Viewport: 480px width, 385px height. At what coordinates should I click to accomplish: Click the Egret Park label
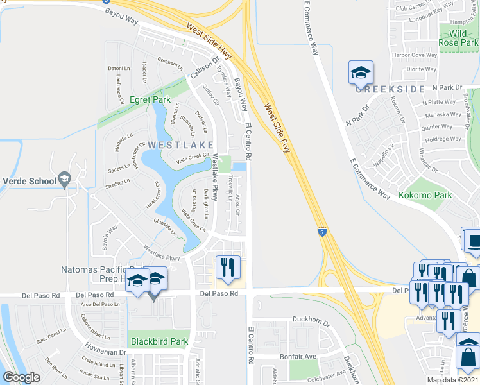pyautogui.click(x=150, y=99)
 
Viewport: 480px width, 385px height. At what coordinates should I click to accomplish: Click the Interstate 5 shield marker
pyautogui.click(x=321, y=231)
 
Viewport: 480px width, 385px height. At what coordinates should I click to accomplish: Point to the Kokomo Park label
pyautogui.click(x=425, y=195)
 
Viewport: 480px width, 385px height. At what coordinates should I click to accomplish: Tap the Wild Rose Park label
pyautogui.click(x=458, y=37)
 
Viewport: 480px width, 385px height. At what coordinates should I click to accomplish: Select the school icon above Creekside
pyautogui.click(x=361, y=73)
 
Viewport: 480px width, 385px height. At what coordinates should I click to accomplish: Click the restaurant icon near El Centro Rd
pyautogui.click(x=228, y=268)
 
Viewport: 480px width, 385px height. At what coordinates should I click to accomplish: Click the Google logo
pyautogui.click(x=21, y=377)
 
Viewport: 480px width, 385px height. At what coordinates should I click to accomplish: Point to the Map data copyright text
pyautogui.click(x=453, y=380)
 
